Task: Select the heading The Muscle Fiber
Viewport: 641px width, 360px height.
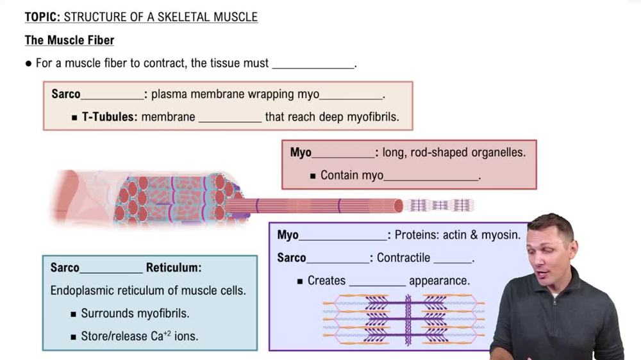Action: [69, 40]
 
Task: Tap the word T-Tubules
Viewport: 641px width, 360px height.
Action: [109, 117]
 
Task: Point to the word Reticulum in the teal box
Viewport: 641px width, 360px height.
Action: [173, 268]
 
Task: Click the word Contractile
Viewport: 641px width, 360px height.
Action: [403, 258]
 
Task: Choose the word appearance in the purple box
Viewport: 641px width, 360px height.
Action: [439, 281]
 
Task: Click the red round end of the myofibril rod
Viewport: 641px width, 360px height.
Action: [398, 206]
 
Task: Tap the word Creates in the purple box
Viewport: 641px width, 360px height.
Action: [326, 281]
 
